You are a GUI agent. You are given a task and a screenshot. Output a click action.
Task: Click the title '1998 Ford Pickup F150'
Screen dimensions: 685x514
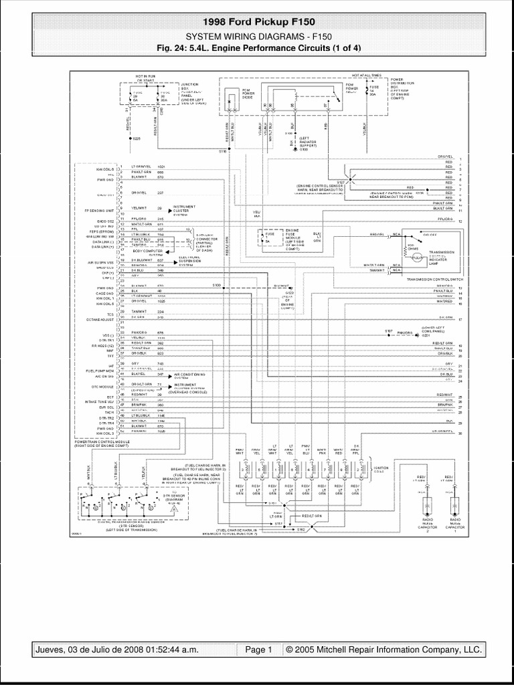pos(257,23)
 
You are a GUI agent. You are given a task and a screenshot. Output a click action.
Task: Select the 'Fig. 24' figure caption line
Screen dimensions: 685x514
pos(257,47)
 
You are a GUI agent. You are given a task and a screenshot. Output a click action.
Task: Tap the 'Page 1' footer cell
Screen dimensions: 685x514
pos(258,650)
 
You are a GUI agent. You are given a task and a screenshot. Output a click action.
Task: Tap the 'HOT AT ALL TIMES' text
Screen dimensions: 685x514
pos(365,76)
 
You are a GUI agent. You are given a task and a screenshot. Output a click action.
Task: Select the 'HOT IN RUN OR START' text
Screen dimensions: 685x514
pos(144,79)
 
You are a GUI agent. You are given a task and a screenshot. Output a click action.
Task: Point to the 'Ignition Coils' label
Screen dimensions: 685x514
pos(381,468)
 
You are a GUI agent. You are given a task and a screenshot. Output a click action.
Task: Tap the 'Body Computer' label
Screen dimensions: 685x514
pos(148,251)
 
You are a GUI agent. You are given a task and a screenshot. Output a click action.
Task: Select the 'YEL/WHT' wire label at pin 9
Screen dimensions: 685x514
pos(139,207)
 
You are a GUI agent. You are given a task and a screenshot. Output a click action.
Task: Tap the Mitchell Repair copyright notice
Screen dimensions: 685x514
pos(383,650)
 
